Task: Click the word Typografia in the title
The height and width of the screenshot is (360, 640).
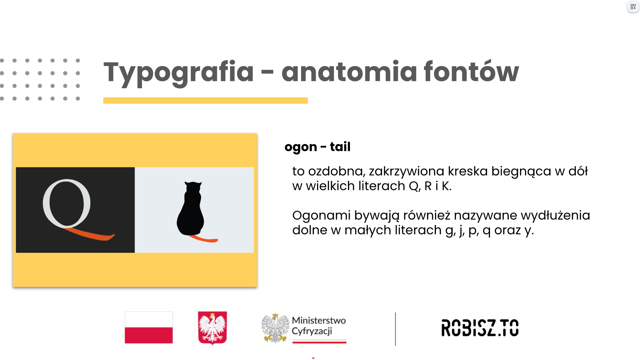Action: [x=179, y=73]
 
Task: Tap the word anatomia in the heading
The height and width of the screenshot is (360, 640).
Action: [x=349, y=71]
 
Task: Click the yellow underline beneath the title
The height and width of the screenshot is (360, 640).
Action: [x=205, y=100]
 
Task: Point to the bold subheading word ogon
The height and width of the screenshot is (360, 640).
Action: [x=301, y=147]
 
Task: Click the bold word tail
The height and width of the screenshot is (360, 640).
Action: [x=340, y=146]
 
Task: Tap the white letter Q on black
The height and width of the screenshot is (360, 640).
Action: [x=67, y=203]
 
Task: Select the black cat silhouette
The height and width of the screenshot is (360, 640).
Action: [x=190, y=208]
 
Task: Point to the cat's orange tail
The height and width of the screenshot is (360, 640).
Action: [x=203, y=238]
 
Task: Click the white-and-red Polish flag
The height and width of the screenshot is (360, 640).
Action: [x=149, y=327]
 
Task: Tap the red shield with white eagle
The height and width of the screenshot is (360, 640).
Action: [x=212, y=328]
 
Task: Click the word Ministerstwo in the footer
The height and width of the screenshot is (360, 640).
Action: [x=319, y=320]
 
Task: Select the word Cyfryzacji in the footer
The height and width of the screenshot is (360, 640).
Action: [x=312, y=331]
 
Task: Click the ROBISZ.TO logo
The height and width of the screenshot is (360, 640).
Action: [x=480, y=328]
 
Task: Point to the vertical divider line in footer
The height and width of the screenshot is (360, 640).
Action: [x=395, y=329]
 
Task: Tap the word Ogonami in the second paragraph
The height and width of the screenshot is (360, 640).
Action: [x=321, y=216]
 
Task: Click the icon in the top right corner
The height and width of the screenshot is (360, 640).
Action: [x=633, y=7]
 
